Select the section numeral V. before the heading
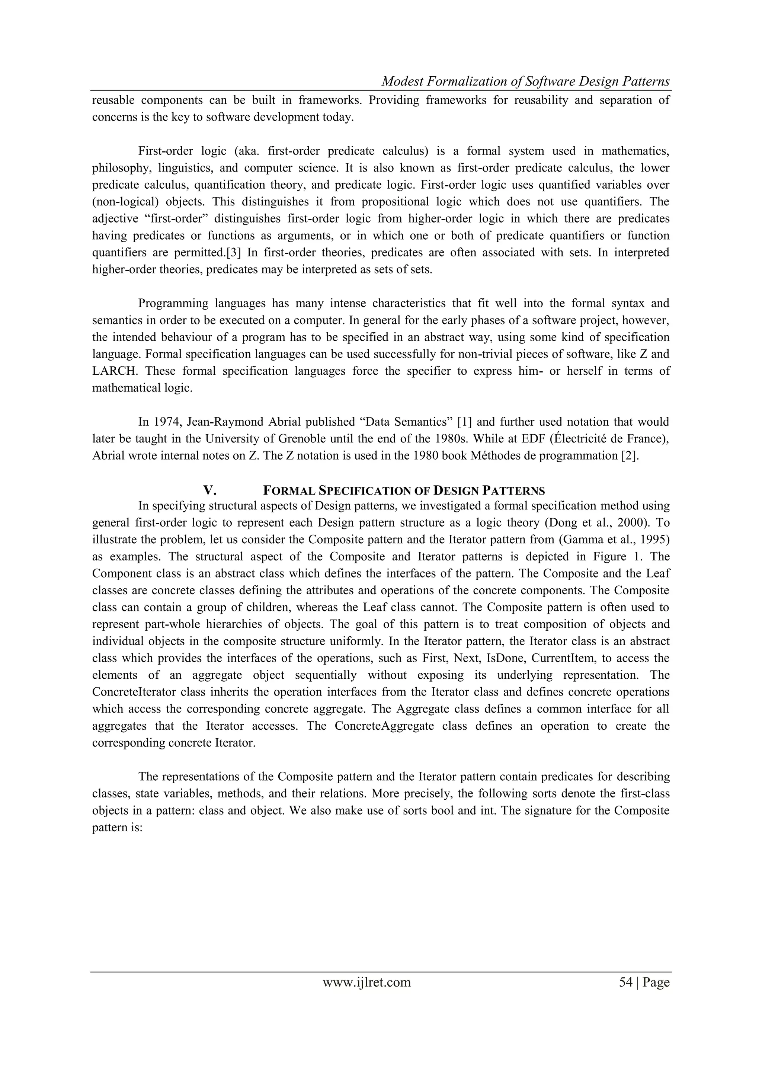pos(210,491)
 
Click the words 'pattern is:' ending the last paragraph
pos(117,827)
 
